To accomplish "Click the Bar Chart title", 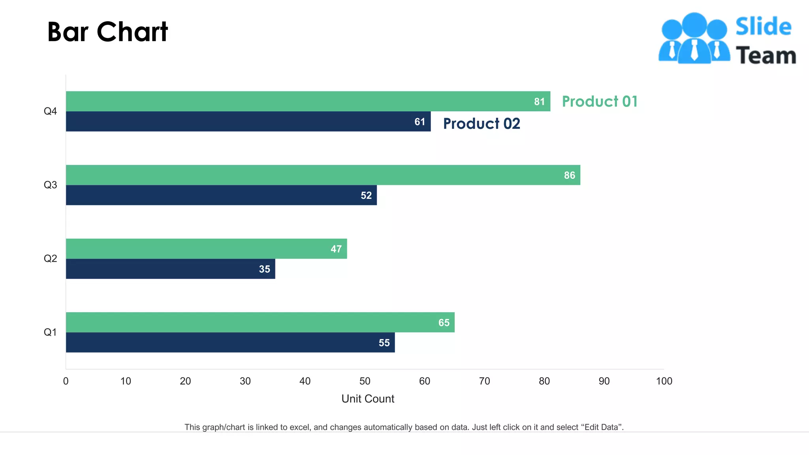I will coord(107,32).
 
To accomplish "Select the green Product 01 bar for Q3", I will coord(316,175).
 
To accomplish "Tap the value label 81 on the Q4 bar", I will coord(539,102).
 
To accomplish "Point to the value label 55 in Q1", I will coord(384,343).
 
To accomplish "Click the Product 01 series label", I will coord(599,102).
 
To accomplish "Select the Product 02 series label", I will coord(481,124).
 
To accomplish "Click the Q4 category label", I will coord(50,111).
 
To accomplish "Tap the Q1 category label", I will coord(50,332).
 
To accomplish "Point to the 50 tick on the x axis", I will coord(365,381).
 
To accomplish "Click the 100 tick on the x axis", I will coord(664,381).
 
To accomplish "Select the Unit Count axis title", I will coord(368,399).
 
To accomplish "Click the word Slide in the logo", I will coord(763,27).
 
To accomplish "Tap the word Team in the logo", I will coord(766,55).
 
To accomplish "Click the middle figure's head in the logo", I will coord(694,24).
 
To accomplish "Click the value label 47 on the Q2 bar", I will coord(336,249).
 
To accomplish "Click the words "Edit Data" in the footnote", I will coord(601,427).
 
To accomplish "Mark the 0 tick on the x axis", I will coord(66,381).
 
